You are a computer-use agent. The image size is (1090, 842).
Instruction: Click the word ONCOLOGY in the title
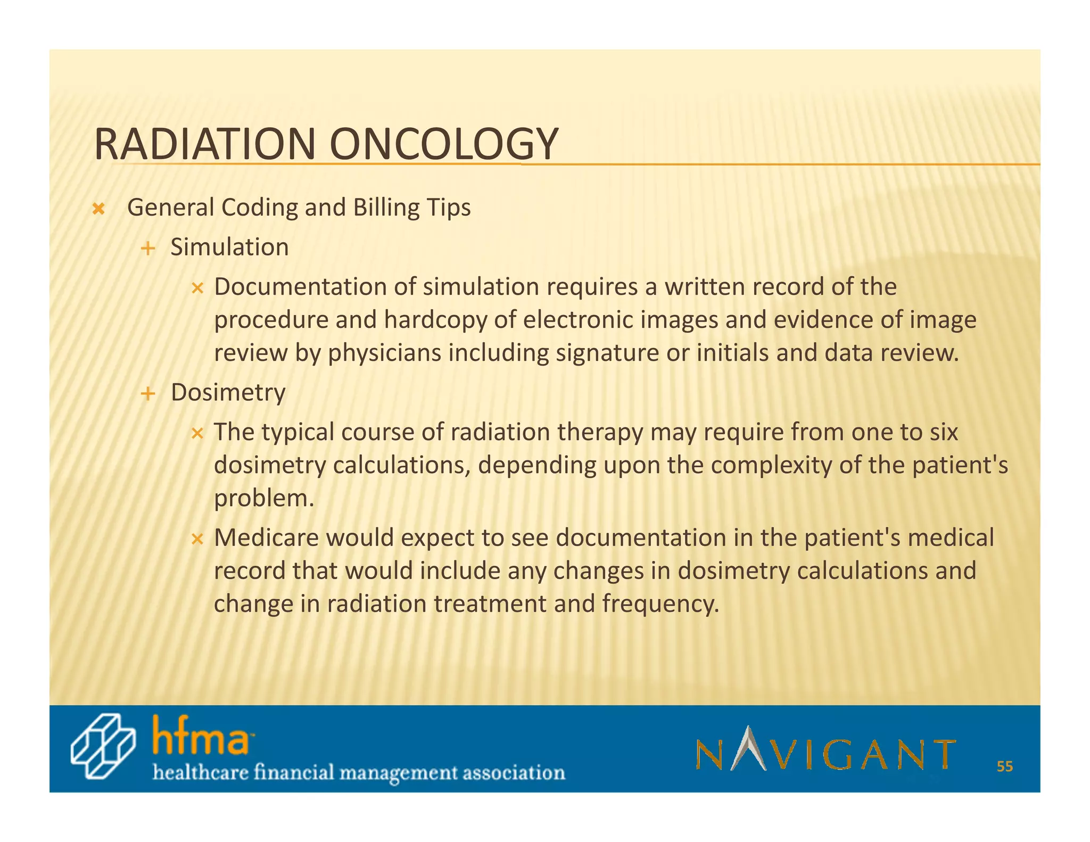click(443, 144)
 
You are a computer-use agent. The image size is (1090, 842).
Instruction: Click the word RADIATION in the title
click(205, 144)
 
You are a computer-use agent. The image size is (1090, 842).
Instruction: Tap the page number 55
click(1005, 766)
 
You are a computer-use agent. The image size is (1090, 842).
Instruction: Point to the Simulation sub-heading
click(229, 247)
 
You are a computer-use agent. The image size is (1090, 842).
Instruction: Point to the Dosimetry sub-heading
click(228, 392)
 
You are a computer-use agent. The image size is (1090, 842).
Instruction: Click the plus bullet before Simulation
click(148, 248)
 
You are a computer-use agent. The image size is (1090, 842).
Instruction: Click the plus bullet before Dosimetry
click(148, 394)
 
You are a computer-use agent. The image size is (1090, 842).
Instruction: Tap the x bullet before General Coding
click(98, 209)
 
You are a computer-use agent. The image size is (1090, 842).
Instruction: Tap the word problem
click(263, 499)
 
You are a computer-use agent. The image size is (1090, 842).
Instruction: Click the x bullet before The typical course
click(197, 434)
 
